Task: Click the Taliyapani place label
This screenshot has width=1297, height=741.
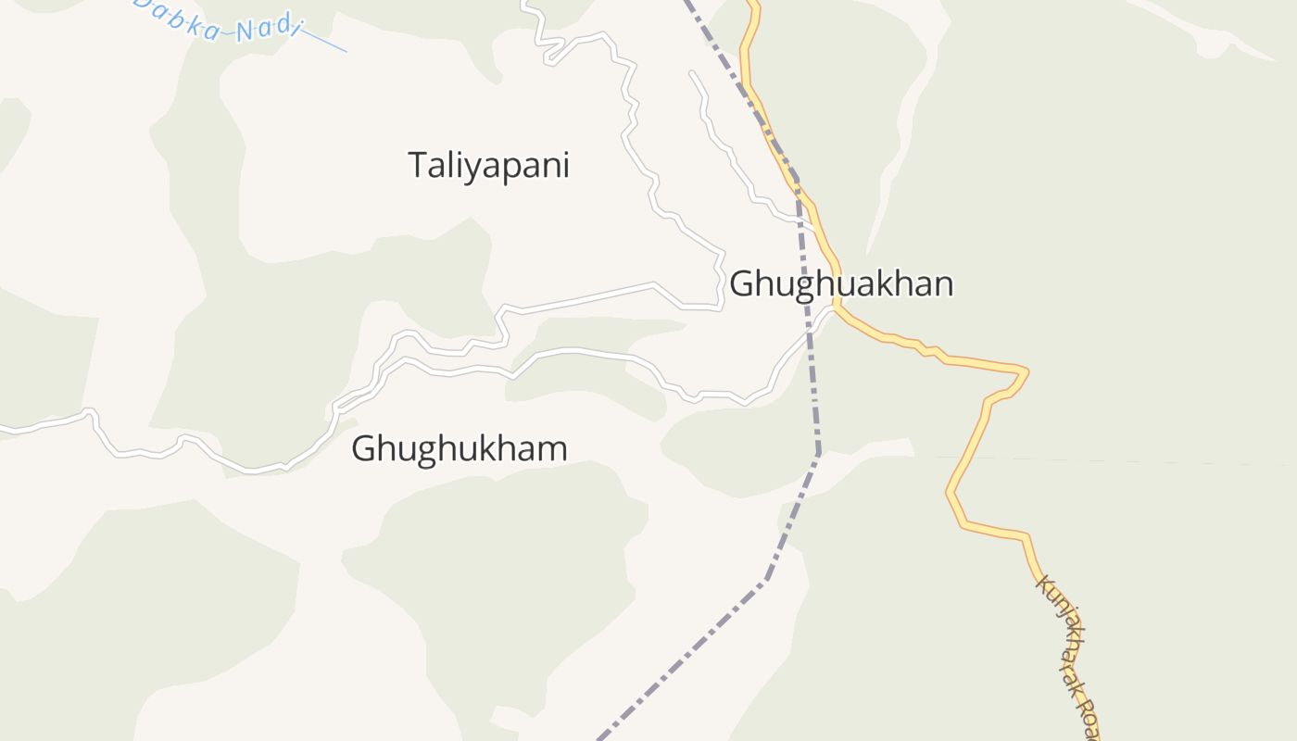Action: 488,166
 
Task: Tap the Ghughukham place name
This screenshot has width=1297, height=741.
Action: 459,448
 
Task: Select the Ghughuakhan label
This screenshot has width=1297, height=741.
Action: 841,283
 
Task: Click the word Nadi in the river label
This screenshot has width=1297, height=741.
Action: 269,30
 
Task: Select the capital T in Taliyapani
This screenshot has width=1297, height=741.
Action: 418,165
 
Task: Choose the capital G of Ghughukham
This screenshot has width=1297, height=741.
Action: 364,448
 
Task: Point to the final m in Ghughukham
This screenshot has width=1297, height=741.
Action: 553,449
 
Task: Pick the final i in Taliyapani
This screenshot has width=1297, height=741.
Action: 565,165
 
